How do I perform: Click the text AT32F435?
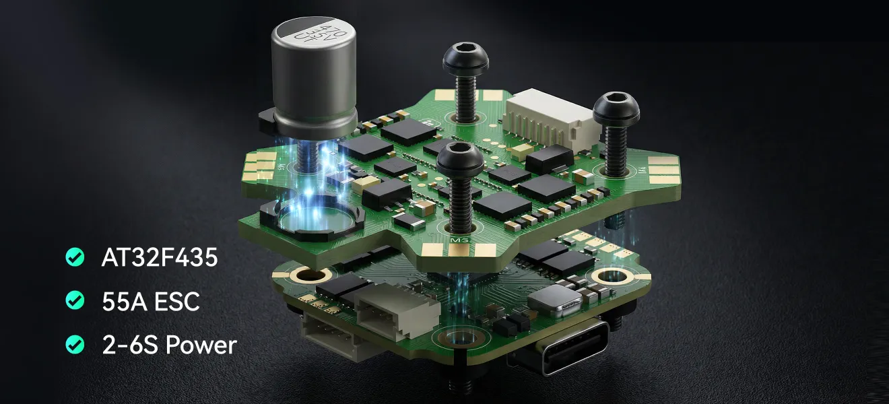(160, 257)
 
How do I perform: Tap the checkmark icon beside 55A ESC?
(75, 301)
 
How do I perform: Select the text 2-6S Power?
(169, 345)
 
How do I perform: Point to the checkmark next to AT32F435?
(75, 257)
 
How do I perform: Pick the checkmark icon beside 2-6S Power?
(75, 345)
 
